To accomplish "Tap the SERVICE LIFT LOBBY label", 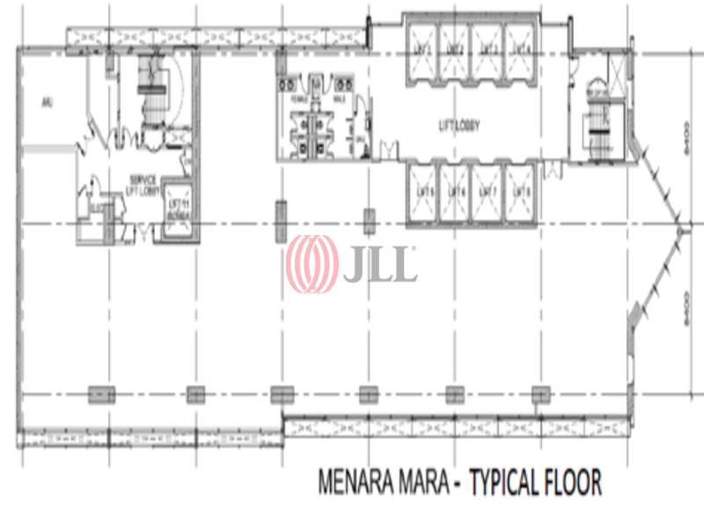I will (x=141, y=182).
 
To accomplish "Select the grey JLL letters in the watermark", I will (x=379, y=264).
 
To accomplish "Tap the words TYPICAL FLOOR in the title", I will (x=536, y=483).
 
